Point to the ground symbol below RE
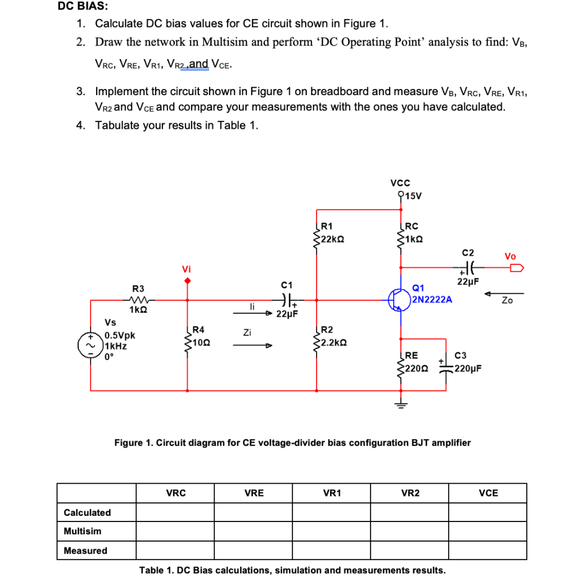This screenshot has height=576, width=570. click(400, 404)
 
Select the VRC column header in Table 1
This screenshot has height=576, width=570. click(176, 493)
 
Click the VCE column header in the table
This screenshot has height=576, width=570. click(488, 493)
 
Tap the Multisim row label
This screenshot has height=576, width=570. click(83, 531)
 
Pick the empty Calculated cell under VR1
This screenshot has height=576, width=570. click(332, 512)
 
